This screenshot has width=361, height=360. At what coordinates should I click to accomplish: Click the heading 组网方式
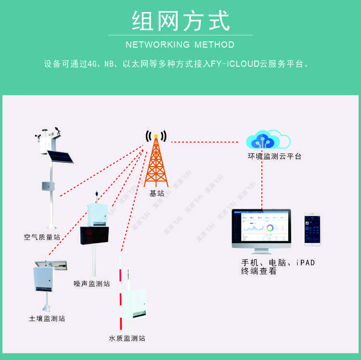(180, 21)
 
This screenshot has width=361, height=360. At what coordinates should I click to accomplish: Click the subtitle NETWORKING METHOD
(180, 45)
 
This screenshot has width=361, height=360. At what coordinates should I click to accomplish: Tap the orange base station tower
(156, 164)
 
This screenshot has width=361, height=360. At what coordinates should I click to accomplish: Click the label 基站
(157, 193)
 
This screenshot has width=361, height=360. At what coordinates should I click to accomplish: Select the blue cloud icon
(263, 141)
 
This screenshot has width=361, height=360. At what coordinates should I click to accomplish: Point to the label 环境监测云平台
(274, 156)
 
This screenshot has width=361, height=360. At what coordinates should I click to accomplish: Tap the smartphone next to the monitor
(312, 230)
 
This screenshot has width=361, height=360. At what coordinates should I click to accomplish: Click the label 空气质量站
(42, 237)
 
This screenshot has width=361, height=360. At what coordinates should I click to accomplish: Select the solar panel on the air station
(60, 156)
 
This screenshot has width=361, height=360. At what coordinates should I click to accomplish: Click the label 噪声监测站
(91, 283)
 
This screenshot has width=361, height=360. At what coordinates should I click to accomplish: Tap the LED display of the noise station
(94, 234)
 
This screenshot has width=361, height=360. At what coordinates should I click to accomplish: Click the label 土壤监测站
(47, 318)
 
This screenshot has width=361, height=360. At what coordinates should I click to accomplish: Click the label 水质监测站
(127, 338)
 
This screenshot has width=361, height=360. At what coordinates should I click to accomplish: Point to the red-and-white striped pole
(121, 294)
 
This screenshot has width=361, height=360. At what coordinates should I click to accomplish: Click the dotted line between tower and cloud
(205, 142)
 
